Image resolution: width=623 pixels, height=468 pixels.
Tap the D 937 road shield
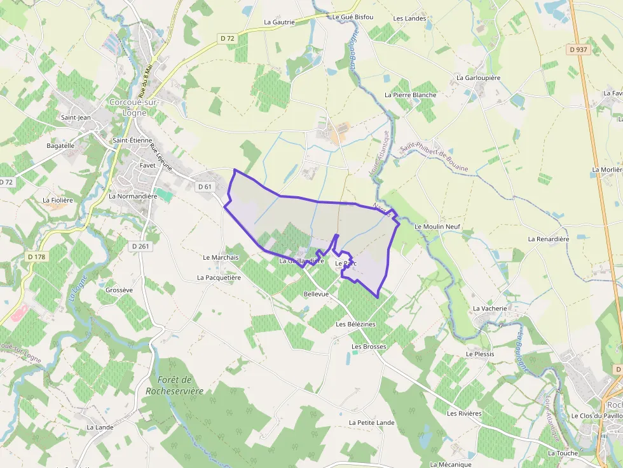point(578,49)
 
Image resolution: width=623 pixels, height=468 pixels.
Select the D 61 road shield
point(204,187)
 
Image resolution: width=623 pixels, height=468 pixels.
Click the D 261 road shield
point(141,246)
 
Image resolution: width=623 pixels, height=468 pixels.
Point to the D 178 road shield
point(38,257)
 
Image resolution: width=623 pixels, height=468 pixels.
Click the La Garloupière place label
point(479,78)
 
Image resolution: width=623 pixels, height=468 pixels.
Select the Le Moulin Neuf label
point(437,227)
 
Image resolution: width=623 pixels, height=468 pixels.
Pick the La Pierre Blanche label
point(410,95)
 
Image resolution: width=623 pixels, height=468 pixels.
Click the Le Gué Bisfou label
point(353,17)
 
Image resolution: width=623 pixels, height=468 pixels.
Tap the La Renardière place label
point(548,239)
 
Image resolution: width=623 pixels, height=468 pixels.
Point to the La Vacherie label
point(489,309)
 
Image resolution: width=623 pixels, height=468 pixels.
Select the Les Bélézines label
point(355,324)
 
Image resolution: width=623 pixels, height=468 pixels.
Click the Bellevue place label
point(316,295)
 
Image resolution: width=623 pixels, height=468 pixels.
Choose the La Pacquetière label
point(219,277)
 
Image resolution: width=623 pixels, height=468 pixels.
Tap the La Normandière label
point(133,196)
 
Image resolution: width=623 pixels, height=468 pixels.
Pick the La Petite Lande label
point(371,423)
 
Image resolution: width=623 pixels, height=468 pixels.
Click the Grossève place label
point(119,290)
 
